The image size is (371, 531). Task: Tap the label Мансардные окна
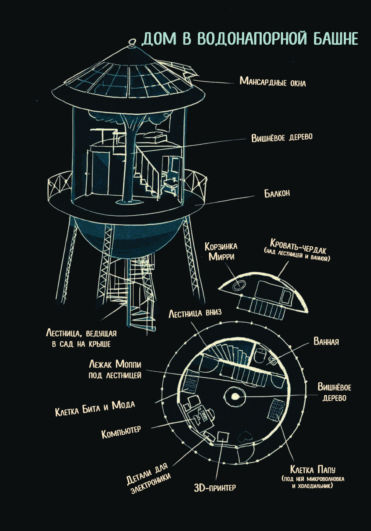click(x=273, y=82)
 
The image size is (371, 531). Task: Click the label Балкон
click(x=277, y=193)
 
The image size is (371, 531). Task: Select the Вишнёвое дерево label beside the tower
click(x=282, y=138)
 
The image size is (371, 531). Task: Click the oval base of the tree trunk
click(x=125, y=202)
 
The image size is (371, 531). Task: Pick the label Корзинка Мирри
click(x=221, y=251)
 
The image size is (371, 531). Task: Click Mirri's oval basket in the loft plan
click(x=237, y=286)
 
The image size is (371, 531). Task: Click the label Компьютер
click(x=121, y=431)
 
